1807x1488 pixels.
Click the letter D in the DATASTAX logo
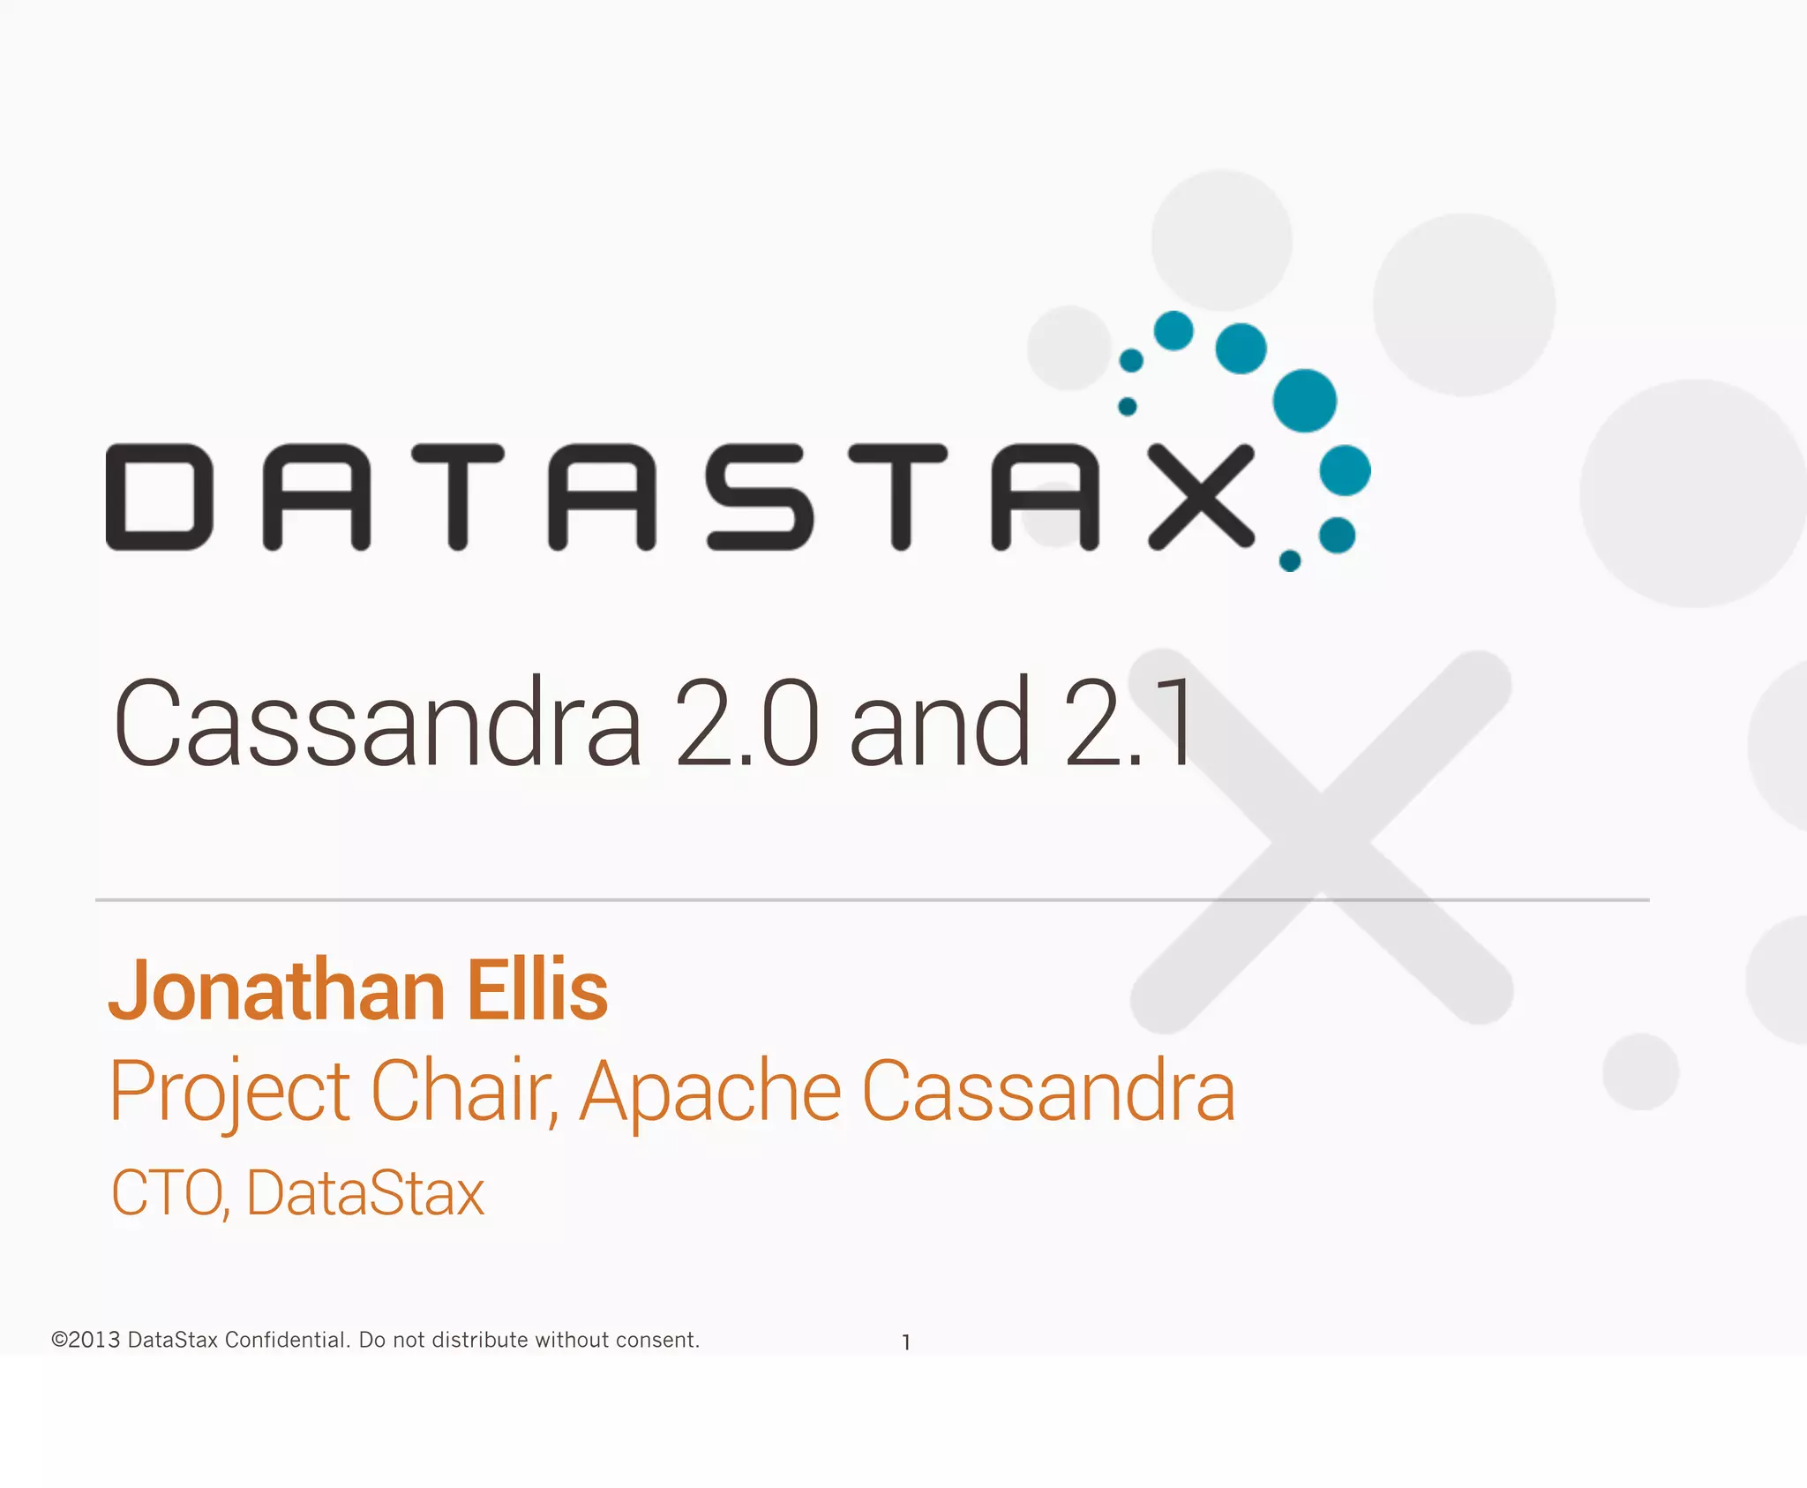159,497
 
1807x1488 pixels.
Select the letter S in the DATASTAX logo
760,497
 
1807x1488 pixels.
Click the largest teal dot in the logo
1304,401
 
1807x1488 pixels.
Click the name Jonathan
277,990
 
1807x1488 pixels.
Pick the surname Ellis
537,990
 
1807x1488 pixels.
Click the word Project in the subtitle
229,1093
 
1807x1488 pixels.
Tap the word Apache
710,1093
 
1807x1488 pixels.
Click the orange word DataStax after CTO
365,1193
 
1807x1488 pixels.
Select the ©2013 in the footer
86,1340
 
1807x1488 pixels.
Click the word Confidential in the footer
287,1340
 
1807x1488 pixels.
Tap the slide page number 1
906,1342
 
